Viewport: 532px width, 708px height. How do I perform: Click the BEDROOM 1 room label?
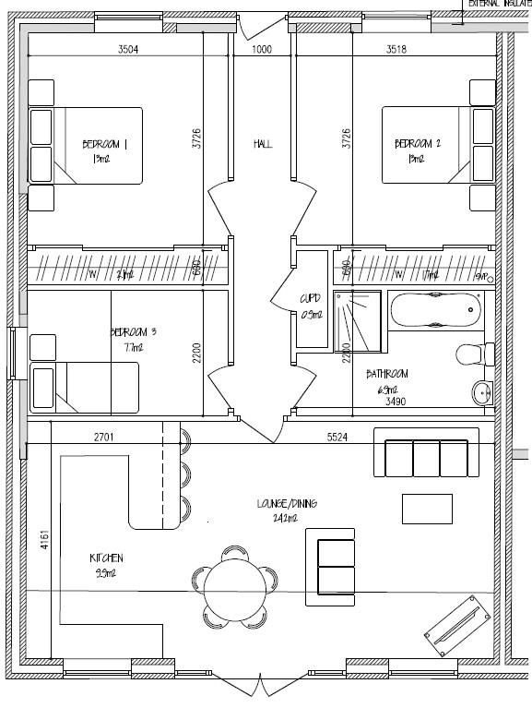[x=105, y=144]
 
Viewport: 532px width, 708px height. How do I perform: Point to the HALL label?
[x=263, y=144]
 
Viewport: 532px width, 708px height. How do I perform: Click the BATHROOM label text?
[x=387, y=375]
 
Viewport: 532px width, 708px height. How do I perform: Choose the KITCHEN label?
[x=106, y=558]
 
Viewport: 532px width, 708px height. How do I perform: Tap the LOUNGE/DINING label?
[x=287, y=503]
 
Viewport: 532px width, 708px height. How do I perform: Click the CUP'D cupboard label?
[x=310, y=298]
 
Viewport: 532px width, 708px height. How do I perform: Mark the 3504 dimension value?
[x=128, y=50]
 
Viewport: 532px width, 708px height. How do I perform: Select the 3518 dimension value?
[x=396, y=50]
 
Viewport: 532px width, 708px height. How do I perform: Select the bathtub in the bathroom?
[x=436, y=310]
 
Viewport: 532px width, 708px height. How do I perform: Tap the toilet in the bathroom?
[x=476, y=354]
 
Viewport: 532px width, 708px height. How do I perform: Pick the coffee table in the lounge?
[x=427, y=509]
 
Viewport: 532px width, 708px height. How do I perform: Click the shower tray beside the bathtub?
[x=357, y=320]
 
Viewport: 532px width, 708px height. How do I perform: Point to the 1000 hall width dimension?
[x=262, y=50]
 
